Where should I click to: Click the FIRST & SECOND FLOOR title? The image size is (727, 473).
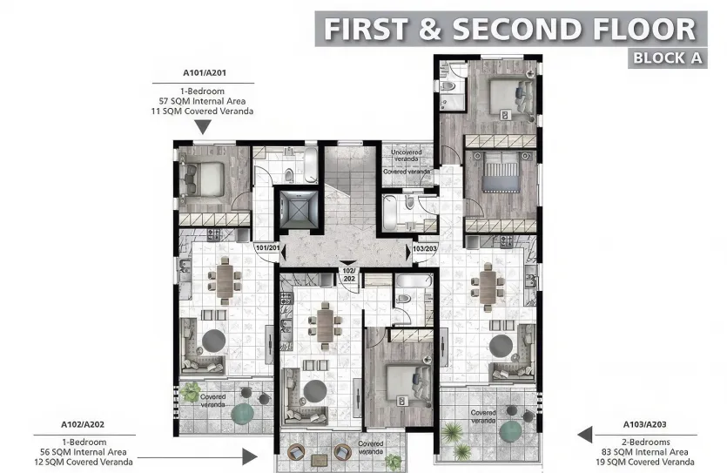509,28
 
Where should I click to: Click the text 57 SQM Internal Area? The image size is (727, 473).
203,101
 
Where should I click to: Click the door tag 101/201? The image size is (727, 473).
266,248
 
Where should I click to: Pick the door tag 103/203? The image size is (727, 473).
424,248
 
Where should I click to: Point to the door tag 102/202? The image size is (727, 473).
348,274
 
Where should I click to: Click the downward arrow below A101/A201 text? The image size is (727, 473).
203,127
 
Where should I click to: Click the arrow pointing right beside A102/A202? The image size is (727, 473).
251,456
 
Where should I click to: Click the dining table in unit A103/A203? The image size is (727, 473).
488,283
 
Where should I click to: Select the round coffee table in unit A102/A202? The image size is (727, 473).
314,387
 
